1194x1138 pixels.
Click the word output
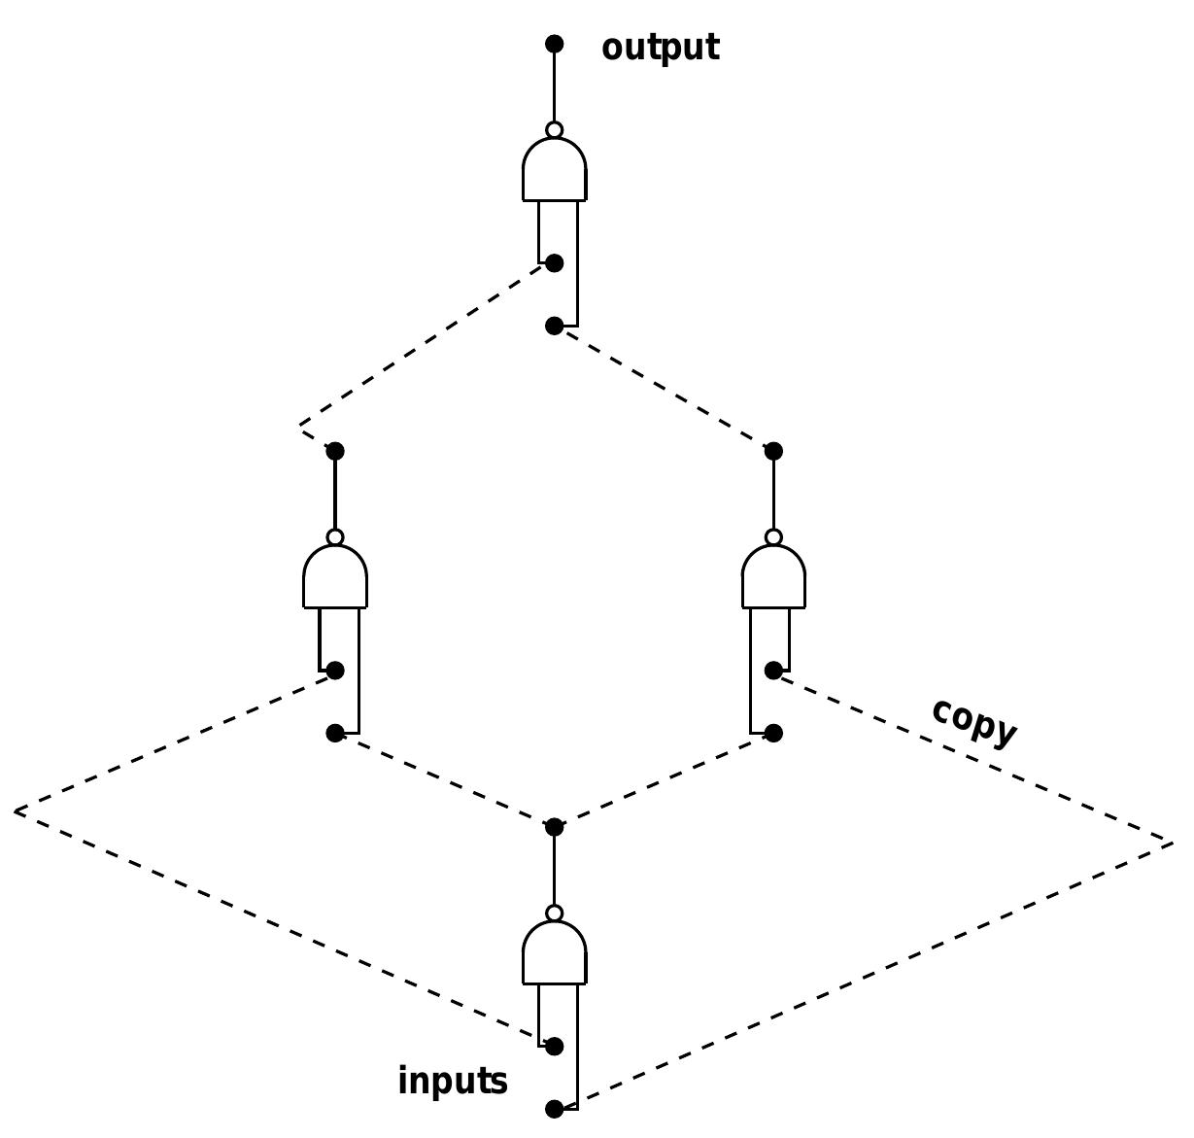pyautogui.click(x=660, y=48)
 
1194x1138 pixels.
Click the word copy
pyautogui.click(x=973, y=722)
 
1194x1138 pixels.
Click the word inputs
pyautogui.click(x=452, y=1081)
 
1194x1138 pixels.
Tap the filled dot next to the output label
pyautogui.click(x=554, y=44)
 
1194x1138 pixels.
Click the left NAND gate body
pyautogui.click(x=335, y=578)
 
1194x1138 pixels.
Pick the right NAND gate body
pyautogui.click(x=773, y=578)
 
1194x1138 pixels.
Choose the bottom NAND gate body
pyautogui.click(x=554, y=954)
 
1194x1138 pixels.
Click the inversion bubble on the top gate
pyautogui.click(x=554, y=130)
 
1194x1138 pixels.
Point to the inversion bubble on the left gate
pyautogui.click(x=335, y=537)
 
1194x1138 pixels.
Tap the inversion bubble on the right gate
pyautogui.click(x=773, y=537)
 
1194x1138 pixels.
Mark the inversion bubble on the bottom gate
pyautogui.click(x=554, y=914)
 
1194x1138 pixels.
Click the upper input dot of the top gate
pyautogui.click(x=554, y=263)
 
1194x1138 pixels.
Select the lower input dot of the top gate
pyautogui.click(x=554, y=326)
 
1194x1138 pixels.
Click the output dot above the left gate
pyautogui.click(x=335, y=451)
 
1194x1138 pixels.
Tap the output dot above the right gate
pyautogui.click(x=773, y=451)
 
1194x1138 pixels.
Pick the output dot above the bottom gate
pyautogui.click(x=554, y=827)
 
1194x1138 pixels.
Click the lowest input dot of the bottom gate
pyautogui.click(x=554, y=1109)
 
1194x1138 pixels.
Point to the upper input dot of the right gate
pyautogui.click(x=773, y=671)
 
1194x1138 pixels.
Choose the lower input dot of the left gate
pyautogui.click(x=335, y=733)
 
